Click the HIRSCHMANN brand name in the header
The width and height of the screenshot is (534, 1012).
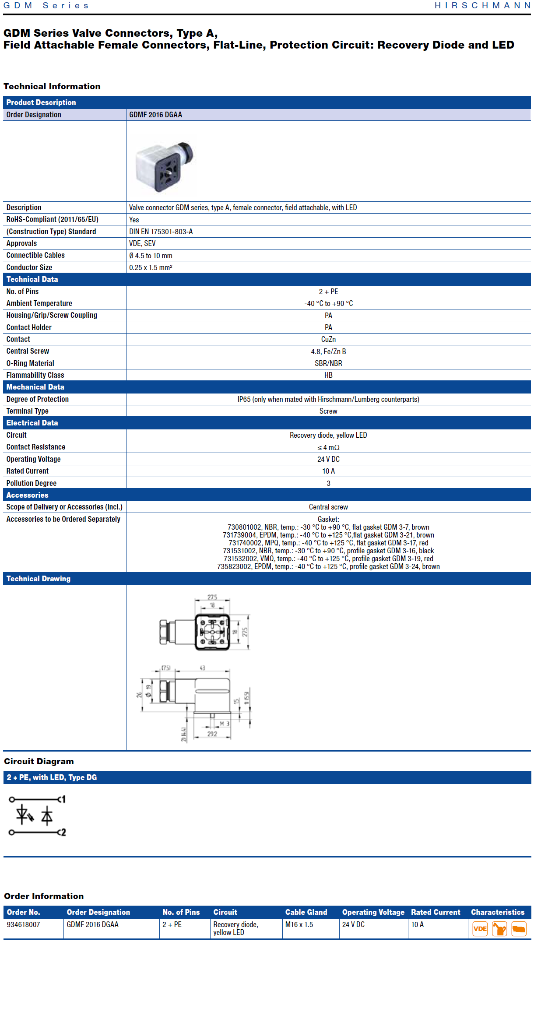[x=482, y=6]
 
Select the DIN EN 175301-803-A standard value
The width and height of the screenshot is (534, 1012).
[x=161, y=232]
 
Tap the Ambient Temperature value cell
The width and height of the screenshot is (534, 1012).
[x=328, y=303]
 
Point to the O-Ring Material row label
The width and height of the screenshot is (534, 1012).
[x=30, y=363]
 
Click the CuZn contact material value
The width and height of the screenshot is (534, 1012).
[x=328, y=339]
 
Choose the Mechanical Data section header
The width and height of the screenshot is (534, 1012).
[x=35, y=387]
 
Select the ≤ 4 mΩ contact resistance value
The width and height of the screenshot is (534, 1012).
[x=328, y=447]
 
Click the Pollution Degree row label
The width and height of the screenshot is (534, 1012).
[x=32, y=483]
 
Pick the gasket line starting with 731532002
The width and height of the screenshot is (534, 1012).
[x=328, y=559]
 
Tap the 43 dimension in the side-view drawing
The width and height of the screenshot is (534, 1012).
[x=202, y=668]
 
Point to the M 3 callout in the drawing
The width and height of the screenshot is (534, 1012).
[x=225, y=724]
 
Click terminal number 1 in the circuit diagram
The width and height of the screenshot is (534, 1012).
[x=63, y=799]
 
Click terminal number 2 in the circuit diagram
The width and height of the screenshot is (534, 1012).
[x=63, y=832]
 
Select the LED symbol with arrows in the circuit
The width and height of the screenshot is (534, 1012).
[x=24, y=815]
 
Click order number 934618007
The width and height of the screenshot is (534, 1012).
[x=23, y=924]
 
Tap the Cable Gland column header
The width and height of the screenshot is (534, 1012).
[x=306, y=912]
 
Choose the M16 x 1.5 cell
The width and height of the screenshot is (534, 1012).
[x=299, y=924]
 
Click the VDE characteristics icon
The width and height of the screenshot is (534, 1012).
[x=480, y=928]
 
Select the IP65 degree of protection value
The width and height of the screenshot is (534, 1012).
[x=328, y=399]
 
